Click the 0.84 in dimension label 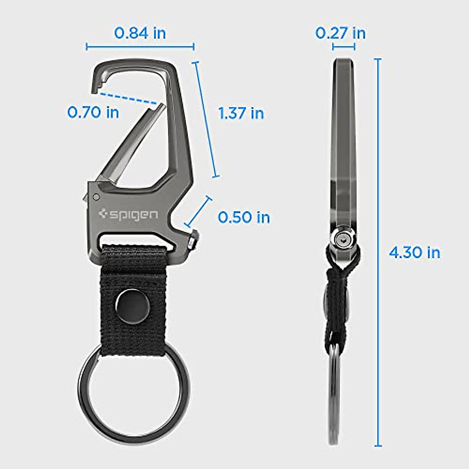[140, 33]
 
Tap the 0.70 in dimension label [93, 113]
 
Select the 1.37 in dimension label [241, 113]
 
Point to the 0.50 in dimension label [244, 217]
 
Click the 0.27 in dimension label [340, 33]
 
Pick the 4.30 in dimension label [414, 252]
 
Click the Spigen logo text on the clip [129, 215]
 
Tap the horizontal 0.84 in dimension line [140, 47]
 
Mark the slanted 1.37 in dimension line [206, 119]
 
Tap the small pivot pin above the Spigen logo [96, 197]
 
